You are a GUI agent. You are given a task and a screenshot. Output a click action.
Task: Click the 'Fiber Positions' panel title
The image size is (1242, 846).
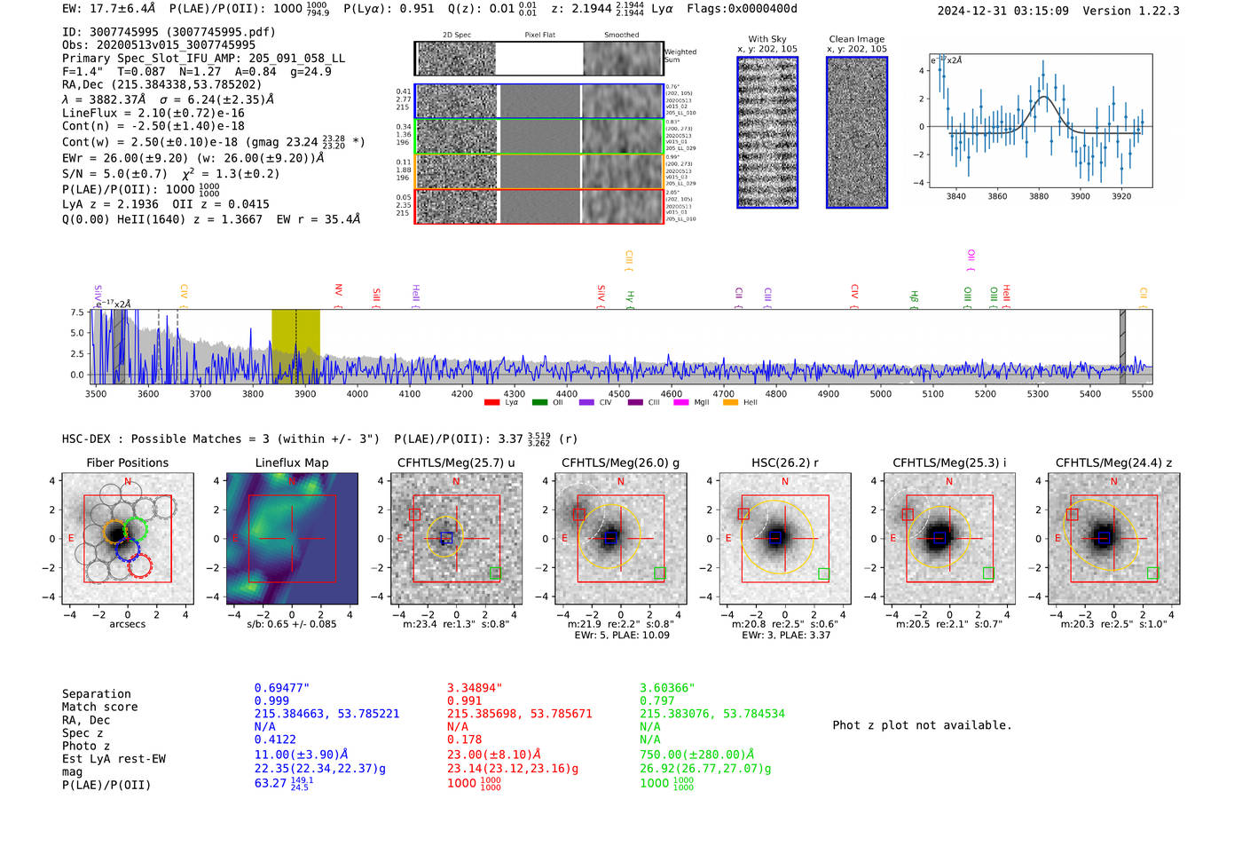pos(127,463)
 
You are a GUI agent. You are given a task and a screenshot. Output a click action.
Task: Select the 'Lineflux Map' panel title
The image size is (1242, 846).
pos(291,463)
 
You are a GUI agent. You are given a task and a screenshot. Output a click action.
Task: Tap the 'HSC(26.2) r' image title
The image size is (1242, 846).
pos(784,463)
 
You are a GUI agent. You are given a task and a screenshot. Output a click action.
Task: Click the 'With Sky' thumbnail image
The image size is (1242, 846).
pos(767,132)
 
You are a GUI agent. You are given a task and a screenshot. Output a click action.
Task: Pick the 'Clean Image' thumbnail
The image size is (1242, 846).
pos(857,132)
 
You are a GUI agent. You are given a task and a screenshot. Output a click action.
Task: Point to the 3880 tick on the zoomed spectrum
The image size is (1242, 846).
pos(1039,196)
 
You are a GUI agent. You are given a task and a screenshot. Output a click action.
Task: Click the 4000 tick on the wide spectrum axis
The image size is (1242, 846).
pos(358,393)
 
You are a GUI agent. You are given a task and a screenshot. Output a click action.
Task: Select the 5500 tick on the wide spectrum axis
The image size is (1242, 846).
pos(1142,393)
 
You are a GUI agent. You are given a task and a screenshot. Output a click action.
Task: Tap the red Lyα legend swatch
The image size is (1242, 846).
pos(492,403)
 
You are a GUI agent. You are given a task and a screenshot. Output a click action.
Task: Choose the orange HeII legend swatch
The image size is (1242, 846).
pos(731,403)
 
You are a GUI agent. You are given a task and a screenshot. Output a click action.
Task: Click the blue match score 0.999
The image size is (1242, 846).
pos(271,701)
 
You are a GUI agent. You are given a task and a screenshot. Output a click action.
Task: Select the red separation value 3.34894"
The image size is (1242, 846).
pos(475,688)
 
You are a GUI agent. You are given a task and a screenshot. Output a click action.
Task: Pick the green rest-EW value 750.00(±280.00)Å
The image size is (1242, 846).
pos(696,754)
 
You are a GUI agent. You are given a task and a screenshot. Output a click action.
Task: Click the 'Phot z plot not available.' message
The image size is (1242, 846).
pos(922,725)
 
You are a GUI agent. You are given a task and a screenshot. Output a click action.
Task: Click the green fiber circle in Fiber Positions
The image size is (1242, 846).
pos(135,529)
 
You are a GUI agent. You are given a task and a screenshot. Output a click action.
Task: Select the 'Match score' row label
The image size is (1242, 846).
pos(99,707)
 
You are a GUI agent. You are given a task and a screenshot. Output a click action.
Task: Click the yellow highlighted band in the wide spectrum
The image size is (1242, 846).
pos(295,346)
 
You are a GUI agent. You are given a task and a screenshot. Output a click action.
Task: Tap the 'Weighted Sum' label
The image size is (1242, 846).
pos(680,56)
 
